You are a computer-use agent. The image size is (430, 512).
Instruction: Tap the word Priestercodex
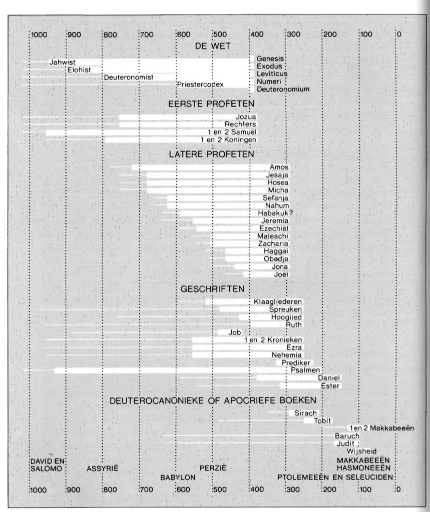pos(200,84)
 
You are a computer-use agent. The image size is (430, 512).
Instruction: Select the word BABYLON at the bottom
pos(178,477)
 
